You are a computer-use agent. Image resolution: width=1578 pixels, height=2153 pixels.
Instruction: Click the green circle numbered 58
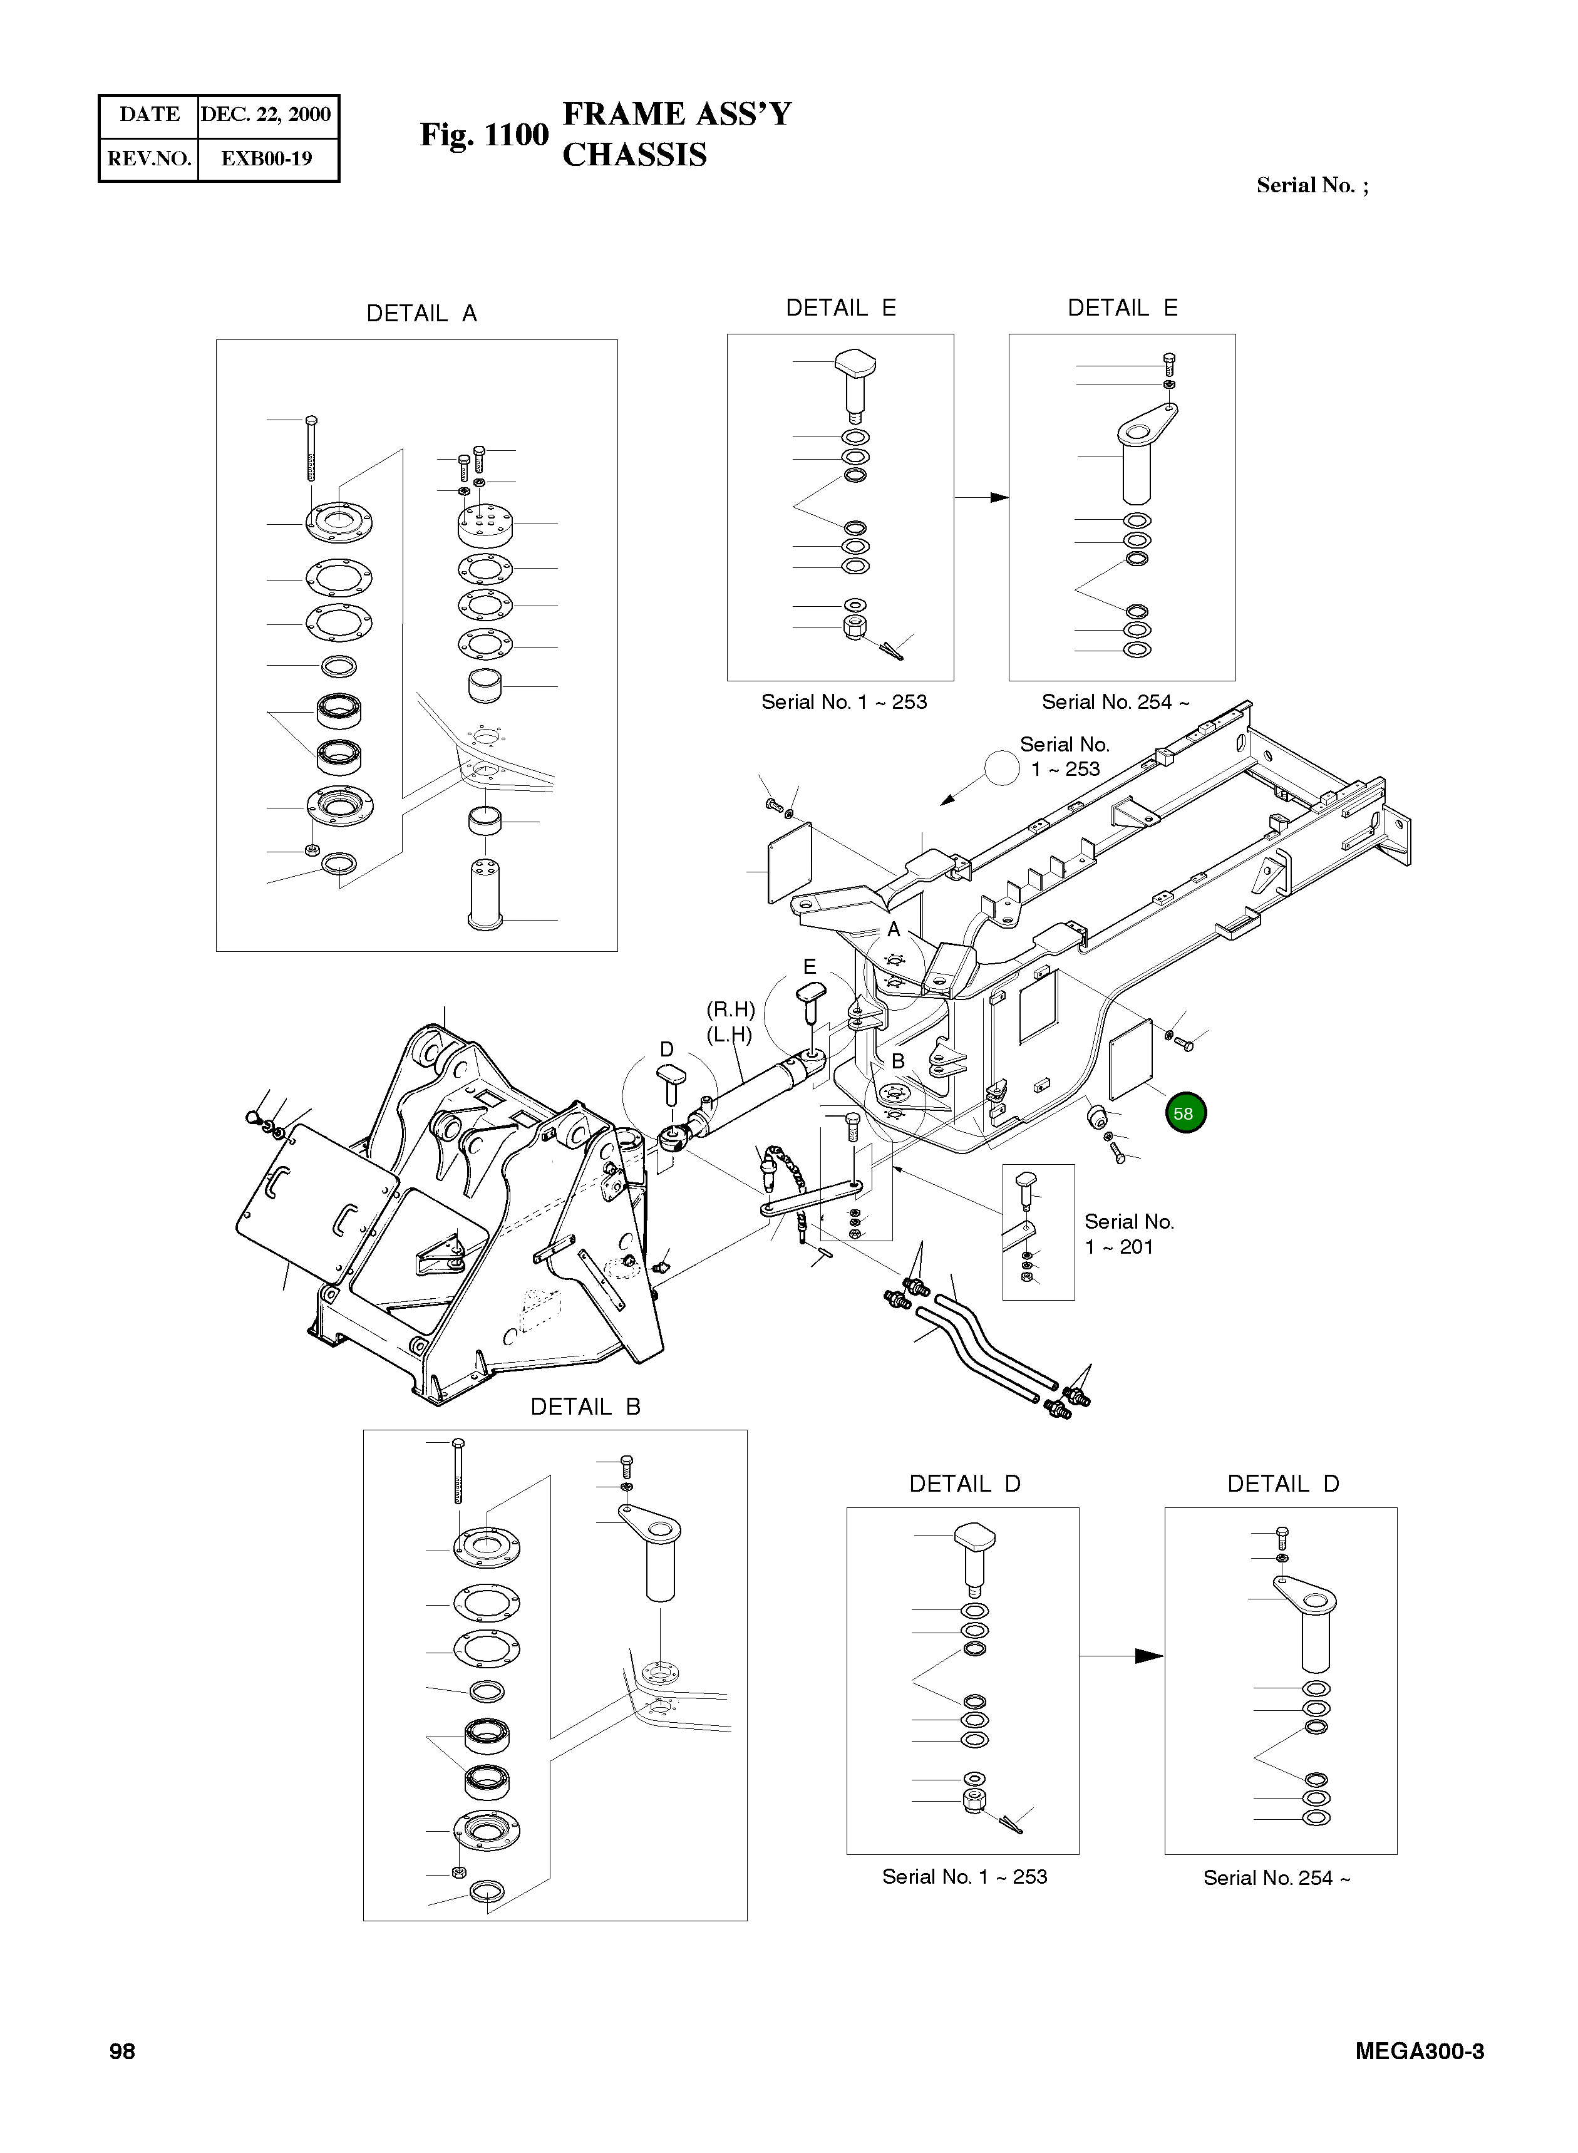click(x=1185, y=1113)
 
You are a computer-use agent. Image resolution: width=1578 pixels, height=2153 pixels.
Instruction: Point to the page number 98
click(x=122, y=2052)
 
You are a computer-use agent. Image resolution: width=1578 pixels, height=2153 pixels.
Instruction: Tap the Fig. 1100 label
click(x=484, y=135)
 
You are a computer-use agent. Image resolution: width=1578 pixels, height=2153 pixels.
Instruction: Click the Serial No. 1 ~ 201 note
click(x=1128, y=1234)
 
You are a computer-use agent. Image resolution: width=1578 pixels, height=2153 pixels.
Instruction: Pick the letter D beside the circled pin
click(x=667, y=1050)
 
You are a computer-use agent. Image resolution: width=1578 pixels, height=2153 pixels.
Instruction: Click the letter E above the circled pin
click(x=809, y=967)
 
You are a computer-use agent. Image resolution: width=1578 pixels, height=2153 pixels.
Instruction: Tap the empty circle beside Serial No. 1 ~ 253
click(x=1002, y=768)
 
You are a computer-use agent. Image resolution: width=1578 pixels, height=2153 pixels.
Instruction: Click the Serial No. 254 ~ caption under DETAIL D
click(x=1276, y=1878)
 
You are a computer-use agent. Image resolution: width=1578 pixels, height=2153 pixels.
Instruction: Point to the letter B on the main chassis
click(x=898, y=1061)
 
